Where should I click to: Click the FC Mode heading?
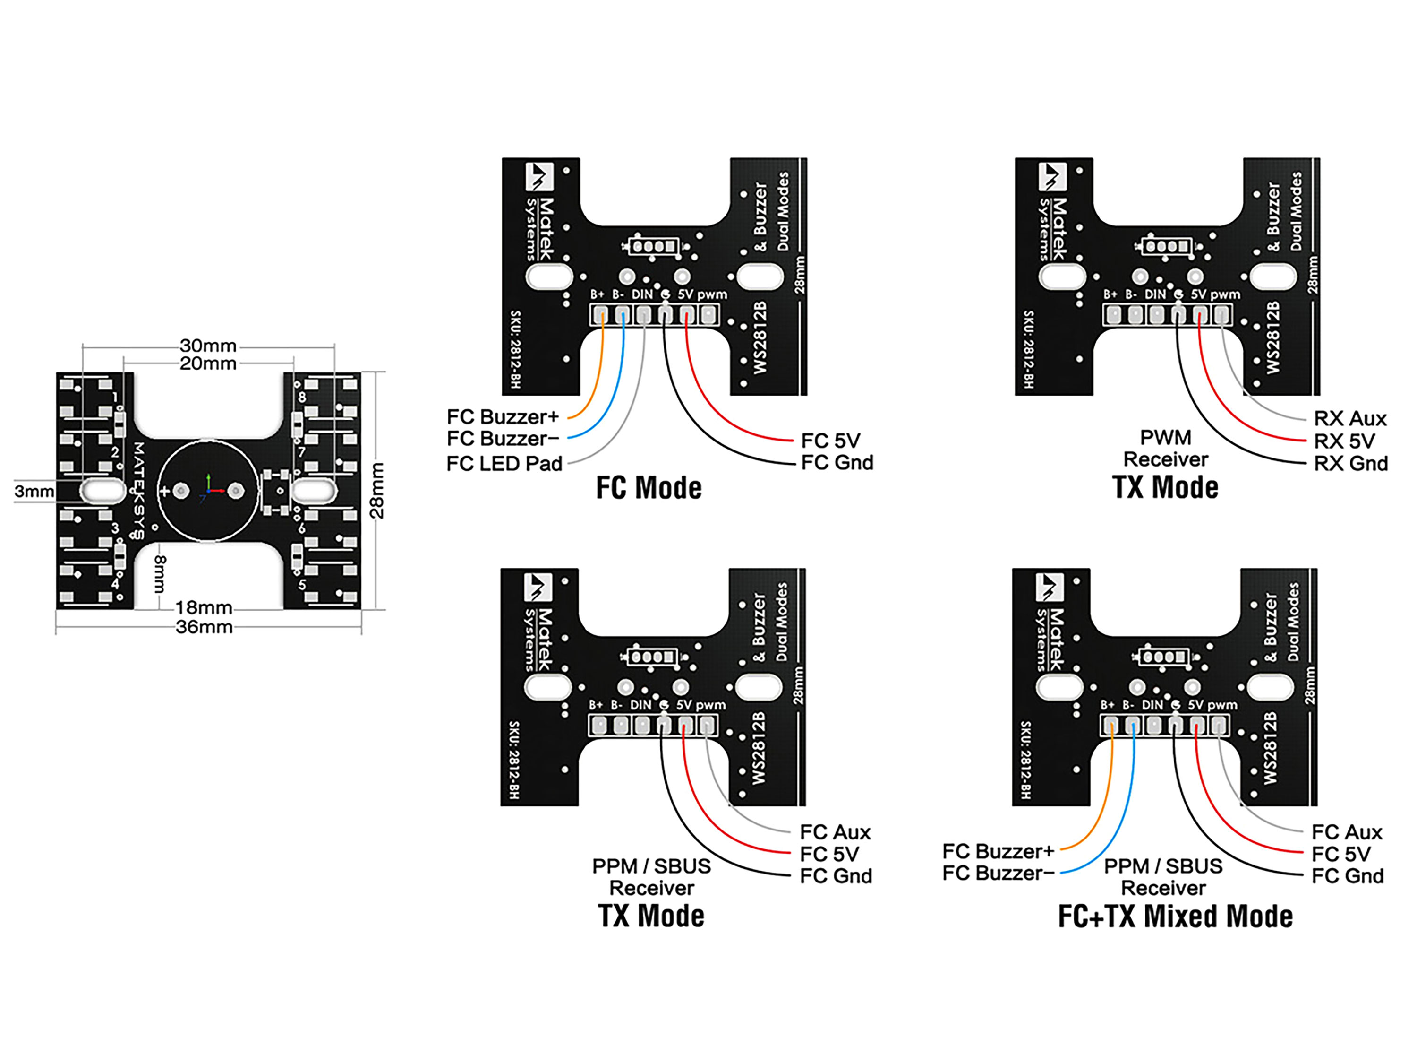pyautogui.click(x=649, y=488)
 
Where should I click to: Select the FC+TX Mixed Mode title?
pyautogui.click(x=1175, y=916)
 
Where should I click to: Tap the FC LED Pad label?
pyautogui.click(x=504, y=463)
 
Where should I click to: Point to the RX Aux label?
pyautogui.click(x=1350, y=418)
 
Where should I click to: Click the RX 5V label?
pyautogui.click(x=1344, y=441)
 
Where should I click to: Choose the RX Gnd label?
pyautogui.click(x=1350, y=463)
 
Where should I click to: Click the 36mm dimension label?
pyautogui.click(x=205, y=627)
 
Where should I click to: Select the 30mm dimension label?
pyautogui.click(x=208, y=346)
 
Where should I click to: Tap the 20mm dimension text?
pyautogui.click(x=208, y=363)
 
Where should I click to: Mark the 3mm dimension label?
pyautogui.click(x=34, y=492)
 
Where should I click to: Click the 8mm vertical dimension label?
pyautogui.click(x=160, y=574)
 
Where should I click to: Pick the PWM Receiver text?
pyautogui.click(x=1165, y=449)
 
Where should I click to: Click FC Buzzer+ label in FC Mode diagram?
pyautogui.click(x=503, y=417)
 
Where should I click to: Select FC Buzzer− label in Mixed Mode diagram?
pyautogui.click(x=998, y=873)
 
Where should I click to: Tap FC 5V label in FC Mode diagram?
pyautogui.click(x=830, y=441)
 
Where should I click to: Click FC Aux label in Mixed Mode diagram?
pyautogui.click(x=1347, y=832)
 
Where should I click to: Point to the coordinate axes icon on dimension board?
pyautogui.click(x=209, y=488)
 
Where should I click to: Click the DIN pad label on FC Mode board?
pyautogui.click(x=642, y=294)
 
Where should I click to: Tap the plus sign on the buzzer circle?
pyautogui.click(x=165, y=492)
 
